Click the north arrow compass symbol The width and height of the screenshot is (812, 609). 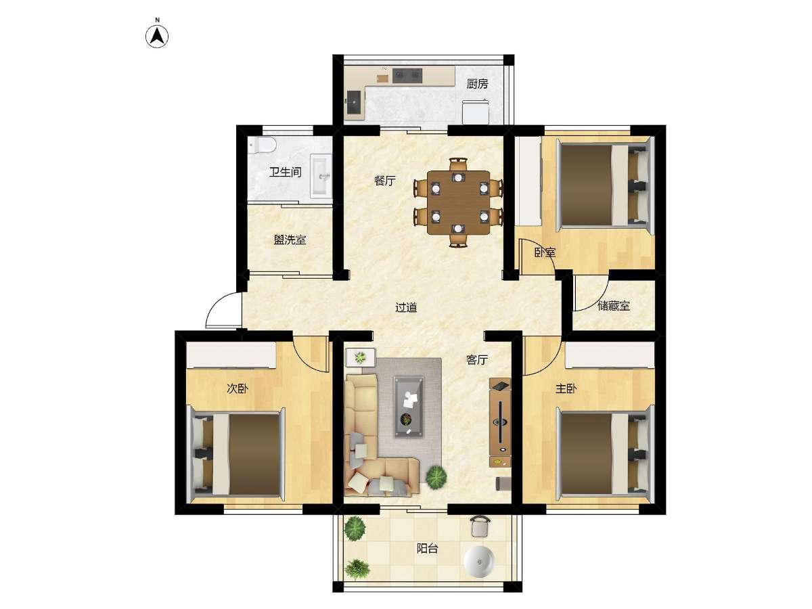(x=157, y=37)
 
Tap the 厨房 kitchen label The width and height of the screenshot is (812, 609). (x=477, y=84)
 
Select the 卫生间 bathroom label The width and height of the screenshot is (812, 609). (x=285, y=172)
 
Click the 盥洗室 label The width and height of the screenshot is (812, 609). (x=290, y=240)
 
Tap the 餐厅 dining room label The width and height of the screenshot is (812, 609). (x=385, y=181)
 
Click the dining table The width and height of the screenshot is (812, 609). (x=458, y=202)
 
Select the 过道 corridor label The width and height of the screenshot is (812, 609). (x=406, y=307)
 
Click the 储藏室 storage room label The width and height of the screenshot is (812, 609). (x=614, y=306)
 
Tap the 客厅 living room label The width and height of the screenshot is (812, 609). (x=477, y=360)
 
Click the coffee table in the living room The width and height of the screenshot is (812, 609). (x=409, y=407)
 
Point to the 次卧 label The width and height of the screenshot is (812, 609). (x=238, y=388)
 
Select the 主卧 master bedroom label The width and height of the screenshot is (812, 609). (x=566, y=388)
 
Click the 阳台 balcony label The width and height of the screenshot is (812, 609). (x=427, y=548)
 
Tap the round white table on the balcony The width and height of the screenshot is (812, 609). (x=479, y=562)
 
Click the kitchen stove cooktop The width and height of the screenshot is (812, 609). (x=407, y=75)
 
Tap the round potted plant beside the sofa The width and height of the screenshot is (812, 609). (x=436, y=477)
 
